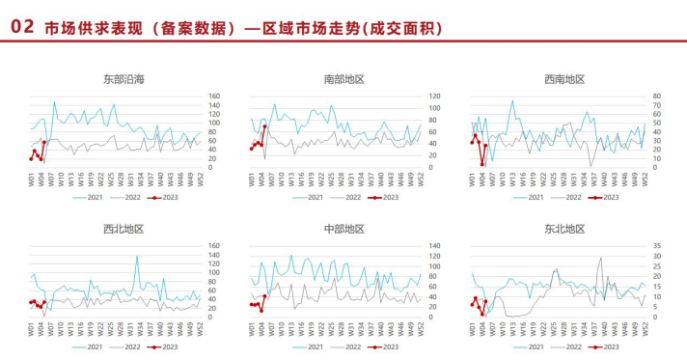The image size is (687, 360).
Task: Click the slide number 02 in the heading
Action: (x=22, y=28)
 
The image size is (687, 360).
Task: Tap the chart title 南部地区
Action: (x=344, y=79)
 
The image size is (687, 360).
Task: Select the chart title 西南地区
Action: (x=564, y=79)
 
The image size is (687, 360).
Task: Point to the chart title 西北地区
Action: (x=124, y=229)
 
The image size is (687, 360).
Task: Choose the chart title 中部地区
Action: (x=344, y=229)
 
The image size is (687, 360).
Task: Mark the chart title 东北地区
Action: (x=564, y=229)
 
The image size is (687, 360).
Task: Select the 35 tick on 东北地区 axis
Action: (x=655, y=246)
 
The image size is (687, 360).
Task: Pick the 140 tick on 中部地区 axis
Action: (x=435, y=246)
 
